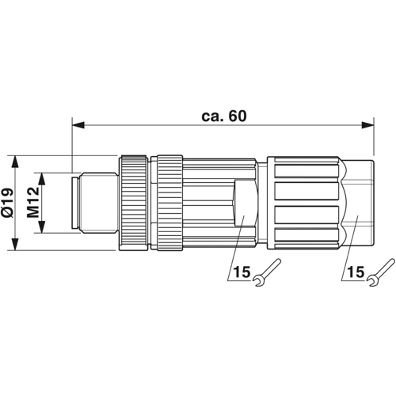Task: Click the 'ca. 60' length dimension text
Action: [x=224, y=116]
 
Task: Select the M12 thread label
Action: [x=33, y=202]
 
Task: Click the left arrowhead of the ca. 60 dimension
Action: [x=78, y=125]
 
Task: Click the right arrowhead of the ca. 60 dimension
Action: [x=367, y=125]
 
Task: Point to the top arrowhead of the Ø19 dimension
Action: [x=16, y=162]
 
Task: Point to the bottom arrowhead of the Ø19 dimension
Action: [x=16, y=244]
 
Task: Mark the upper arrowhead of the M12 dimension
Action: [x=41, y=179]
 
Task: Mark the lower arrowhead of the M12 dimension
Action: [x=41, y=227]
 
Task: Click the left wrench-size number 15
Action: [x=242, y=272]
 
